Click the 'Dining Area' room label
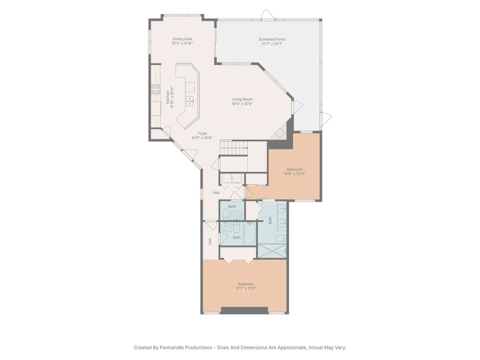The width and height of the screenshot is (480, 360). pyautogui.click(x=182, y=39)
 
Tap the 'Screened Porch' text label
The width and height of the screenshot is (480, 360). pyautogui.click(x=272, y=39)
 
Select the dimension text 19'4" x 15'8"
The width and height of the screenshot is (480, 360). pyautogui.click(x=242, y=104)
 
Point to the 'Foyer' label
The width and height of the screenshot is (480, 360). pyautogui.click(x=202, y=134)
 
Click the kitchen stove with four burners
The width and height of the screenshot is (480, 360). pyautogui.click(x=155, y=89)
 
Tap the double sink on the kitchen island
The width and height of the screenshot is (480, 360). pyautogui.click(x=190, y=99)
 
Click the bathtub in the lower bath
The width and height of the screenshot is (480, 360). pyautogui.click(x=249, y=233)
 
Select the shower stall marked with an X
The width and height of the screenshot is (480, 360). pyautogui.click(x=272, y=251)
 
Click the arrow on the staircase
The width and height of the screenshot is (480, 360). pyautogui.click(x=246, y=147)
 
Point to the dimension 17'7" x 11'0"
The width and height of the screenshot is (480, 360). pyautogui.click(x=246, y=289)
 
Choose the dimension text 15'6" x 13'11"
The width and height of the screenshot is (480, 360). pyautogui.click(x=294, y=174)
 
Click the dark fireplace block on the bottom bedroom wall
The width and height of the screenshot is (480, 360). pyautogui.click(x=244, y=310)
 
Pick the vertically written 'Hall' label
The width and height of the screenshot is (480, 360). pyautogui.click(x=210, y=241)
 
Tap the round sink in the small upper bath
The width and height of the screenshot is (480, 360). pyautogui.click(x=237, y=216)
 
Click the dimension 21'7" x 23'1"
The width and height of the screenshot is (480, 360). pyautogui.click(x=272, y=44)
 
